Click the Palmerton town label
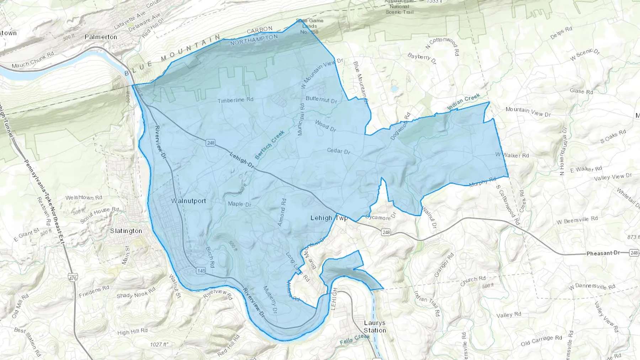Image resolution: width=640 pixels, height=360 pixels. pos(101,37)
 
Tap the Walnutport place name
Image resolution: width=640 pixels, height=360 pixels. pos(188,201)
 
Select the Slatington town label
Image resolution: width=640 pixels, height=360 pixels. pos(126,231)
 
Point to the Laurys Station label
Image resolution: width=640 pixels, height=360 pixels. pos(375,327)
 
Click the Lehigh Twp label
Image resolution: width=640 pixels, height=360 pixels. pos(329,218)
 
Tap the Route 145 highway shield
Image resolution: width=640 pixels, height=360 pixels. pos(201,271)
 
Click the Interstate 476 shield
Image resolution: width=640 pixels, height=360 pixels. pos(73,278)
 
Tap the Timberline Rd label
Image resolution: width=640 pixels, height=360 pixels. pos(235,100)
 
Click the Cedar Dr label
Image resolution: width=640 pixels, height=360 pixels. pos(338,151)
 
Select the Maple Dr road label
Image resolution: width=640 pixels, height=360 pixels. pos(239,204)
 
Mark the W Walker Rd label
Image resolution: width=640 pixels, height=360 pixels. pos(512,155)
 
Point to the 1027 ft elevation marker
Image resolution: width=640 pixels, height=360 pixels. pos(159,344)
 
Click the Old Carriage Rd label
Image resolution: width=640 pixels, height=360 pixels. pos(541,340)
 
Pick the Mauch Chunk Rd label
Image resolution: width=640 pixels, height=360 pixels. pos(32,60)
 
